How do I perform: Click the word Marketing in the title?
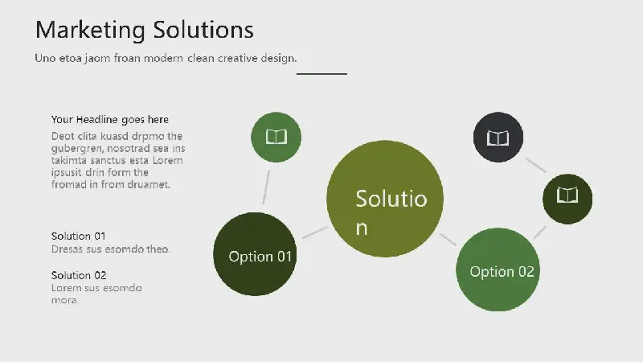[90, 31]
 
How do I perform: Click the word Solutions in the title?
[203, 30]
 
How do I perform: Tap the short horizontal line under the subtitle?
[322, 74]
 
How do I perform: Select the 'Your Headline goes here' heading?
[110, 119]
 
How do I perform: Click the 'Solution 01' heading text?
[78, 236]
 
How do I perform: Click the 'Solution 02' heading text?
[79, 275]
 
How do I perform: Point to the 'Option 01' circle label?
[260, 257]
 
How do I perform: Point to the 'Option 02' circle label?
[502, 272]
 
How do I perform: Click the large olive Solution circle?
[385, 199]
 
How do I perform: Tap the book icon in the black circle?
[498, 138]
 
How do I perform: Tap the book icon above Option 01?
[276, 136]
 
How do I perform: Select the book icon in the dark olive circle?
[567, 195]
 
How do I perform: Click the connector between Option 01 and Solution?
[315, 232]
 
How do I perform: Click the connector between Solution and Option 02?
[448, 239]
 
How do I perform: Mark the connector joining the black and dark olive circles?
[535, 165]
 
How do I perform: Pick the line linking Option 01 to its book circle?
[266, 187]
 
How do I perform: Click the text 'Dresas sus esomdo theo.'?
[111, 249]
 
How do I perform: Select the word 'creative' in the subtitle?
[237, 58]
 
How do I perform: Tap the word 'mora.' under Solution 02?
[65, 300]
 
